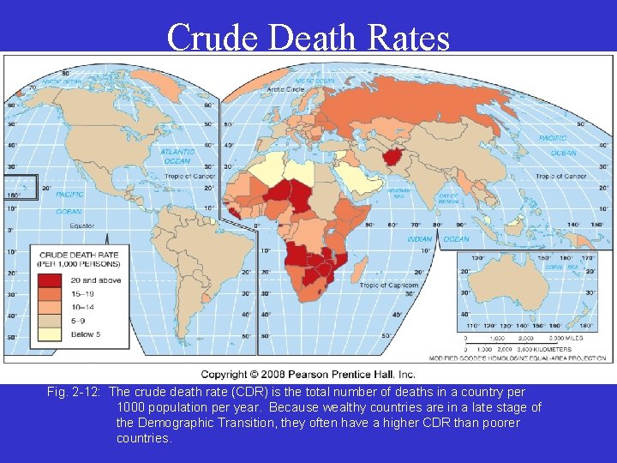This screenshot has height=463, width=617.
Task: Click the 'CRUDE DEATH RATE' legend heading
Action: (x=79, y=255)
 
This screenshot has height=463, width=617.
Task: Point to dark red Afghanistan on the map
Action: (x=395, y=157)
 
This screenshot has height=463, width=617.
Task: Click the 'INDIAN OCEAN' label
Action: (x=432, y=239)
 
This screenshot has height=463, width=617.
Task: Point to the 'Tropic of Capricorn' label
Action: (x=388, y=286)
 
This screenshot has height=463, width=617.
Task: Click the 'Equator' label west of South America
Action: (x=83, y=225)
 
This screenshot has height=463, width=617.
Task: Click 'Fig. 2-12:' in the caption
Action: (x=75, y=393)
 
